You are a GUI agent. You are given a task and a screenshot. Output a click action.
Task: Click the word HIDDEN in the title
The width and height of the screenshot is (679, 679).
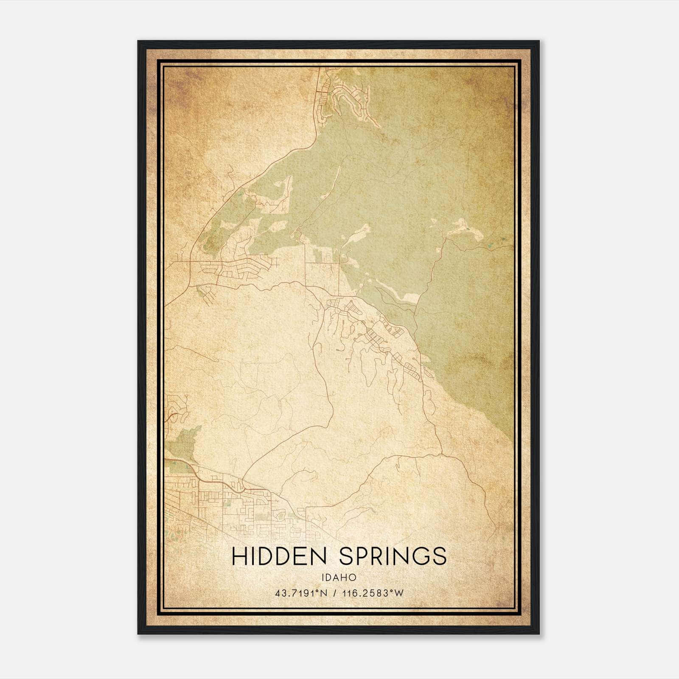point(279,556)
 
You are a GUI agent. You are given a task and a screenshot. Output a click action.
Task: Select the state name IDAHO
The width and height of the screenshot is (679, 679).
point(339,578)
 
